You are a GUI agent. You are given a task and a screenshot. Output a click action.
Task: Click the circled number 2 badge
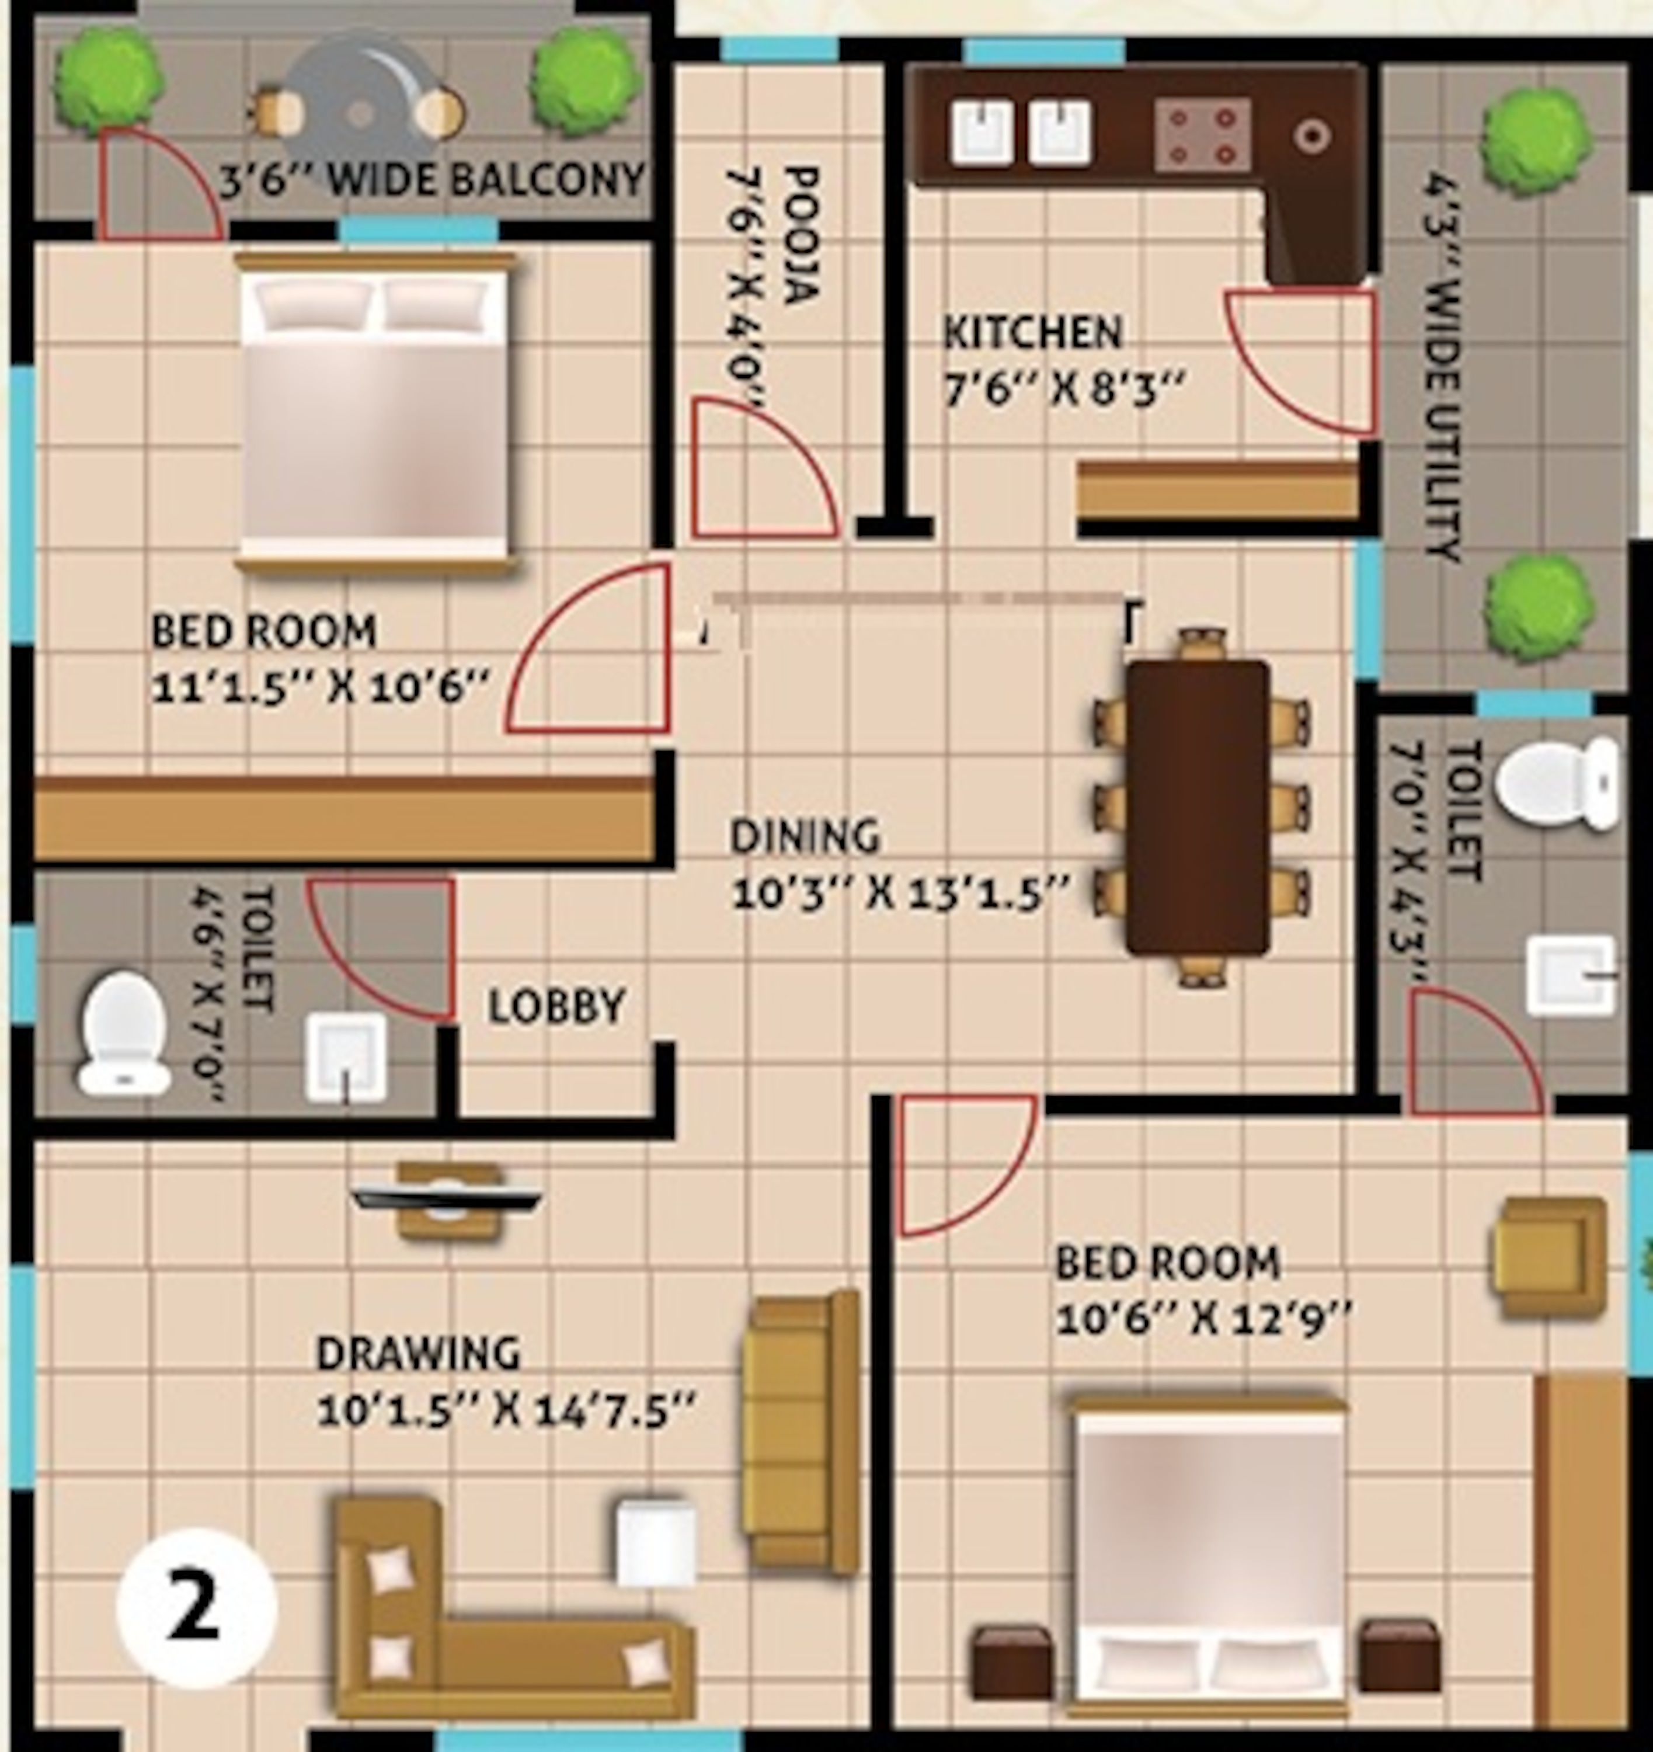pos(196,1608)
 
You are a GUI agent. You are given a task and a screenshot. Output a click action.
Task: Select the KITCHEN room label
pos(1033,333)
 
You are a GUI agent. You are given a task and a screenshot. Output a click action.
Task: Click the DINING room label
pos(805,836)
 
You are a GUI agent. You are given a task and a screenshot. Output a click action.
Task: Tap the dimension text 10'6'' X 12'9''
pos(1203,1320)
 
